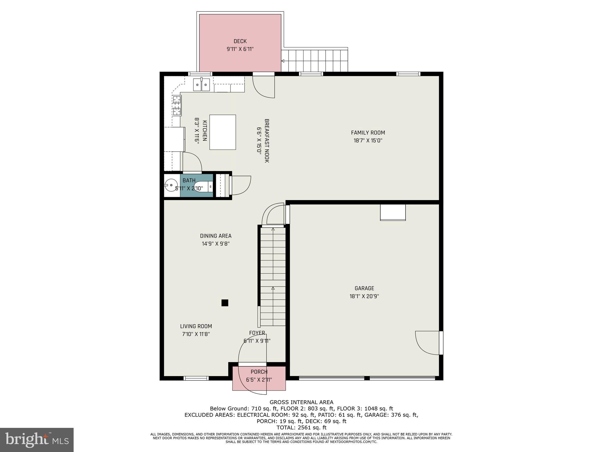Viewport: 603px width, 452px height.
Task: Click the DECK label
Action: point(240,41)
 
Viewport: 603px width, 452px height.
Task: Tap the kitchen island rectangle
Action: point(223,132)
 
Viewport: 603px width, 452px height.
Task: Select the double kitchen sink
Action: point(201,85)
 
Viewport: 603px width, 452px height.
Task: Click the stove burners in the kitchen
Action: point(177,105)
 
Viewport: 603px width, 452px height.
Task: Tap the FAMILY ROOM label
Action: point(368,133)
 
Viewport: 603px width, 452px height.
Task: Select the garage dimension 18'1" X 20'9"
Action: point(364,296)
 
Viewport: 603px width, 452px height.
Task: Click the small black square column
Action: point(225,303)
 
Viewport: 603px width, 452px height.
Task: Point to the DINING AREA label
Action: point(216,236)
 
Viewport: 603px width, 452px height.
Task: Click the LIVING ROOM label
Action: point(196,326)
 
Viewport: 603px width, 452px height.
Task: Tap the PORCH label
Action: point(259,372)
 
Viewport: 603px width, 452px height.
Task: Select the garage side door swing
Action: point(427,343)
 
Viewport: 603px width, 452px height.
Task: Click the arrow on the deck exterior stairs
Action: point(283,61)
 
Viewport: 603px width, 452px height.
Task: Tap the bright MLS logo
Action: point(37,440)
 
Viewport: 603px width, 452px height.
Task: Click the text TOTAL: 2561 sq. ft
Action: point(301,428)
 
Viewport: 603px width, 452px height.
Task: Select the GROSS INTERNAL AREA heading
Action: point(301,402)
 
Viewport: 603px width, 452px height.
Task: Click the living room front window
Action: point(196,378)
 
